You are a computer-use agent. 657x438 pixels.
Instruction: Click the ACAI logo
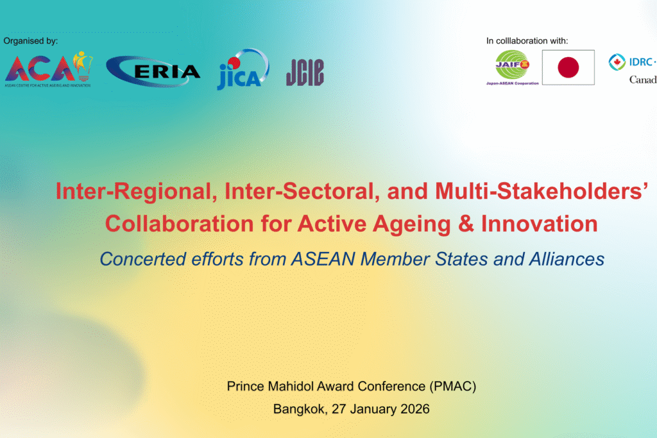click(49, 69)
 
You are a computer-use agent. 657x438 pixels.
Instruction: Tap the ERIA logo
click(153, 71)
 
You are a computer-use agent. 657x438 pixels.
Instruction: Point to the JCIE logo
click(305, 72)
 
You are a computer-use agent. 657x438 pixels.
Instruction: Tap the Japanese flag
click(568, 67)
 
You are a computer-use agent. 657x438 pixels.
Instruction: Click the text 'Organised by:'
click(31, 40)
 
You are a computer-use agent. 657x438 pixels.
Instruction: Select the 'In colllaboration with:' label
click(527, 40)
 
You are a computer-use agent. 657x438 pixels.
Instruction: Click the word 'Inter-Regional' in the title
click(137, 191)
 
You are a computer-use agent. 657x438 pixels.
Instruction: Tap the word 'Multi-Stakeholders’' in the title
click(542, 191)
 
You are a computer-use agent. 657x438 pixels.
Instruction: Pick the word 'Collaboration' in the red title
click(180, 224)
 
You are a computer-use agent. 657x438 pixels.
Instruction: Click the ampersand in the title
click(466, 224)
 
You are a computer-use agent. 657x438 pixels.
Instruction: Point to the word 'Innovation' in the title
click(539, 224)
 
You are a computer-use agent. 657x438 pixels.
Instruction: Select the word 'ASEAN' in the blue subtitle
click(323, 259)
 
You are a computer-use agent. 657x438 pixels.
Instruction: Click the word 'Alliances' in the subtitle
click(567, 259)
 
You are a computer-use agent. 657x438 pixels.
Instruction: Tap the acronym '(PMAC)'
click(453, 386)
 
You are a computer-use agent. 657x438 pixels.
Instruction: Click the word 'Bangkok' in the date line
click(300, 409)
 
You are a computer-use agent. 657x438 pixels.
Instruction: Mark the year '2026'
click(415, 409)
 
